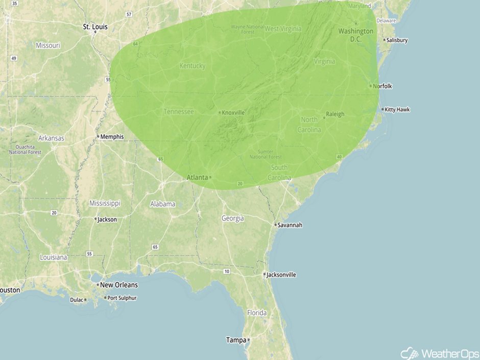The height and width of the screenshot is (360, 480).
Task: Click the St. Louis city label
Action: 95,27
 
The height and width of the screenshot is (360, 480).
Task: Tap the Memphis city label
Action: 112,136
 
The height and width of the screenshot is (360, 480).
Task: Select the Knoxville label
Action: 233,112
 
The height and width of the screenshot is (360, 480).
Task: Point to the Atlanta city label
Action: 197,177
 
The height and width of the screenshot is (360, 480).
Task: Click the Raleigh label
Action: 335,114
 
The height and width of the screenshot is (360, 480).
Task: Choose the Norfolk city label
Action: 382,86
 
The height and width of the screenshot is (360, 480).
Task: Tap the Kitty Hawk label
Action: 397,109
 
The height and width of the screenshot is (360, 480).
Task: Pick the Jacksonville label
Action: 281,275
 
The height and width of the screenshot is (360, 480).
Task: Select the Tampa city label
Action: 236,340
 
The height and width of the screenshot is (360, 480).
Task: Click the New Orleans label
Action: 118,285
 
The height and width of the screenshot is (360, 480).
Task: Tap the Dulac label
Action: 76,300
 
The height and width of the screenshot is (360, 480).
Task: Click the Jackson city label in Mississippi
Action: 107,220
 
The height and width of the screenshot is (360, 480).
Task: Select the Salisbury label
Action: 397,40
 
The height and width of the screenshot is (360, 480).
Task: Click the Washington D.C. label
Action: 355,35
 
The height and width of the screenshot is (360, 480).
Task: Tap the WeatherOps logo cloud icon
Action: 410,353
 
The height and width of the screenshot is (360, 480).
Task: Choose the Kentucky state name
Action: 192,66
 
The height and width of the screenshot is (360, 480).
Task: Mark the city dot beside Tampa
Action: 249,340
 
